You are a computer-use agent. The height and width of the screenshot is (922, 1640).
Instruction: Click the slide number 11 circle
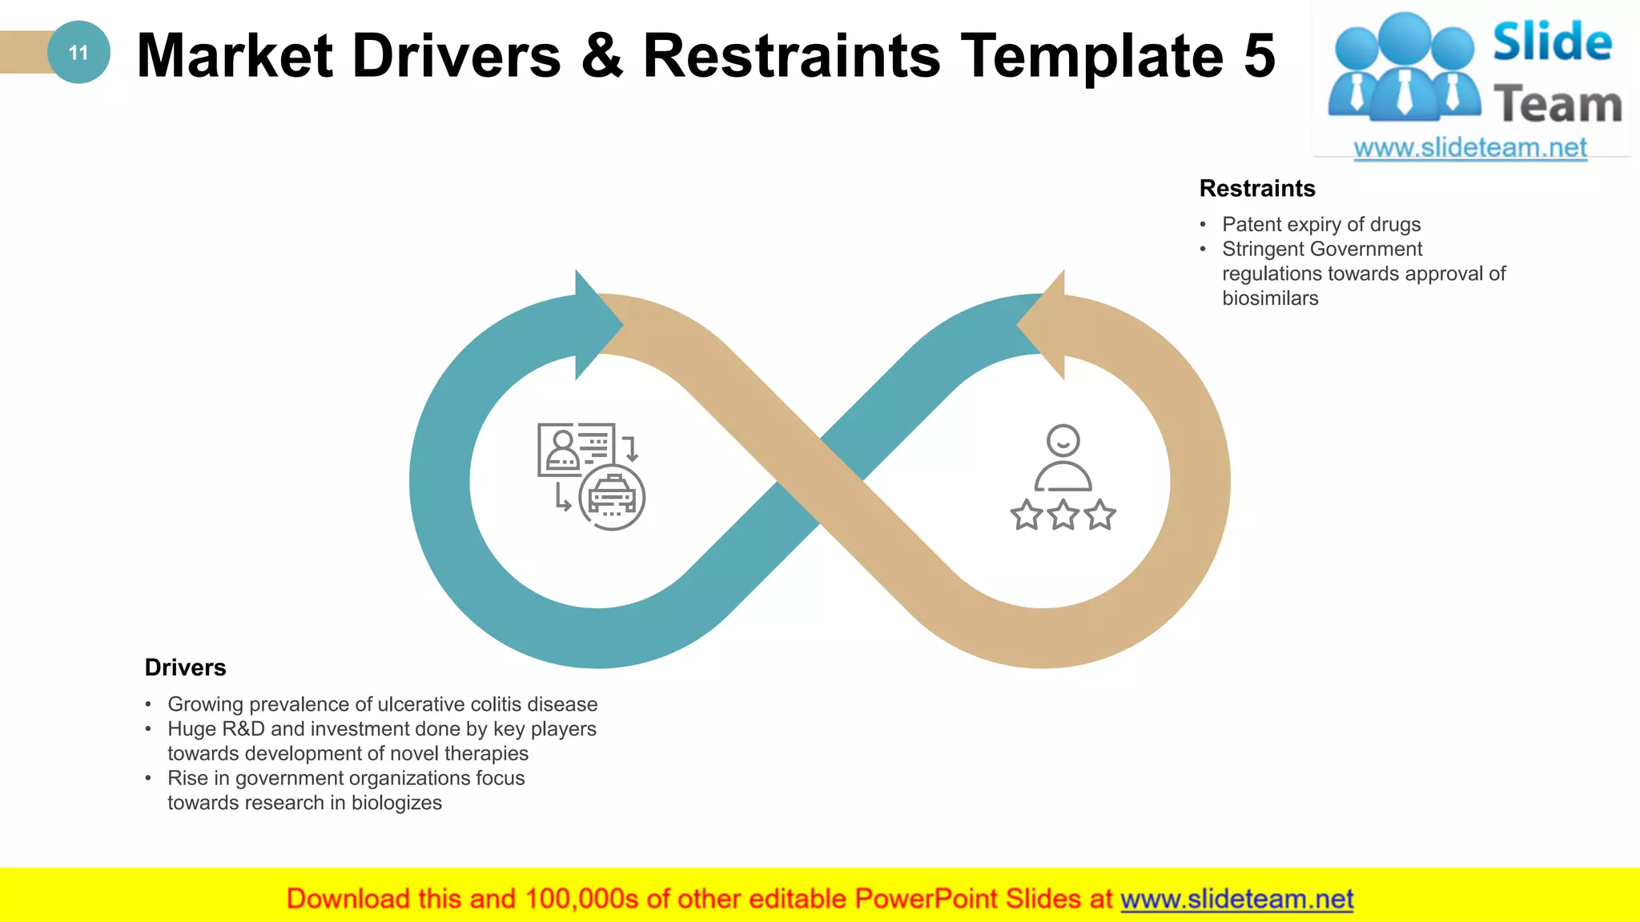click(78, 53)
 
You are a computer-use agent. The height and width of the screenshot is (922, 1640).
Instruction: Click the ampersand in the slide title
click(601, 55)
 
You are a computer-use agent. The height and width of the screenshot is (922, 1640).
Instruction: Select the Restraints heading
click(1256, 188)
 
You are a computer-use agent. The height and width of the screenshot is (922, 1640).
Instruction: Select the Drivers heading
click(185, 667)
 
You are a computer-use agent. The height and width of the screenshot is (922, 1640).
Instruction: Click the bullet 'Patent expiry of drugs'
click(1320, 224)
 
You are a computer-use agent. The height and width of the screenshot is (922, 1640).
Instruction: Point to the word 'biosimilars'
click(1270, 299)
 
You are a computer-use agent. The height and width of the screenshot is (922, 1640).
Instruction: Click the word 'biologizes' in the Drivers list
click(396, 803)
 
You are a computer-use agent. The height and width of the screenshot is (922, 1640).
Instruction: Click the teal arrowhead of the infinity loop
click(596, 324)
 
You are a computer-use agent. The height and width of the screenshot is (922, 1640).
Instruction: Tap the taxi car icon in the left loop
click(612, 497)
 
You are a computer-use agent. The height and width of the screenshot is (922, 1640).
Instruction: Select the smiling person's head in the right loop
click(1063, 440)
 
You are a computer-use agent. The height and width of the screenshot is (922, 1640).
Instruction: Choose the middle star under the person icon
click(1063, 515)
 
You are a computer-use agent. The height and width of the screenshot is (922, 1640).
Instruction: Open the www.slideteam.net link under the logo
click(1470, 148)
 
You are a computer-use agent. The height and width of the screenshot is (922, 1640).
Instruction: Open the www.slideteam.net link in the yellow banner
click(1236, 900)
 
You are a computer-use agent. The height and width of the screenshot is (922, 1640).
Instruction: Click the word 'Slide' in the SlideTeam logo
click(1552, 42)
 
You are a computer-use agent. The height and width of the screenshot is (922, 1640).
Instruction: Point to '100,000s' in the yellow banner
click(581, 900)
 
